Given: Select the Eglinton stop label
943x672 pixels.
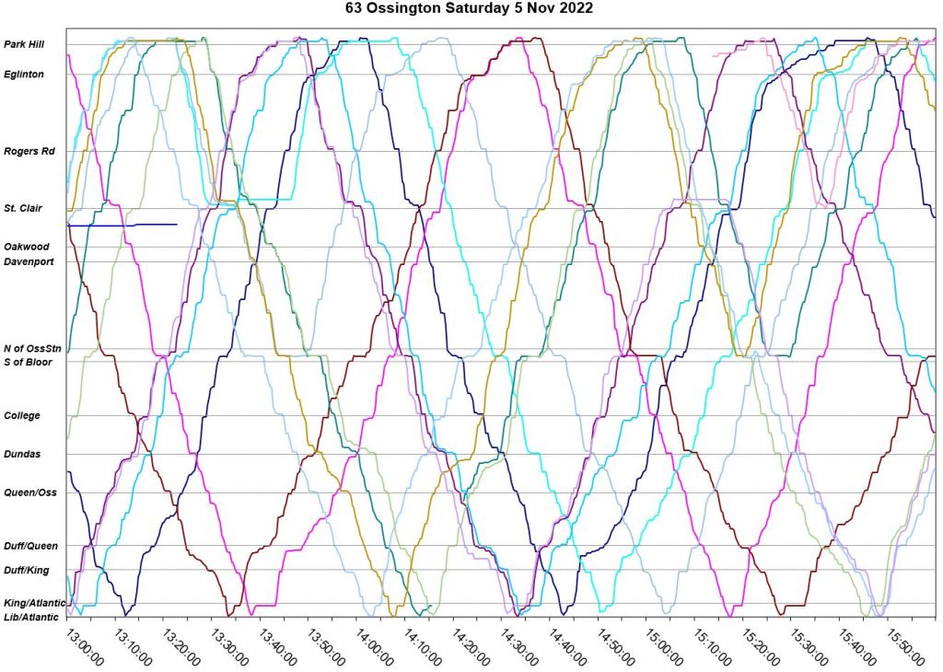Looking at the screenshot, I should (x=24, y=75).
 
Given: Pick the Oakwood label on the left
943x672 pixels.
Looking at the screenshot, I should (x=27, y=247).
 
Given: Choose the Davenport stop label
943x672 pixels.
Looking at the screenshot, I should (x=29, y=262).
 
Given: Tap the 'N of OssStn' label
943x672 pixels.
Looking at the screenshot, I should (x=33, y=349).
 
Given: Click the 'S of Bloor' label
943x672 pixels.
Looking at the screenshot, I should (x=29, y=362).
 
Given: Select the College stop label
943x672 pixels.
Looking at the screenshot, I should (x=22, y=416).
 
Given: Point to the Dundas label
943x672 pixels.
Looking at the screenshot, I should (x=22, y=454).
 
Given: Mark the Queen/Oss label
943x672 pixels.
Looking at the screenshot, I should (x=30, y=492).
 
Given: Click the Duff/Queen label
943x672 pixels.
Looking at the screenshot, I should (x=30, y=546).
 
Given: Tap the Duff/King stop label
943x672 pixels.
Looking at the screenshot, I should (x=27, y=571).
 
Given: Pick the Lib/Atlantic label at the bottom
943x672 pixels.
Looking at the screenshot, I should (x=31, y=617).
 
